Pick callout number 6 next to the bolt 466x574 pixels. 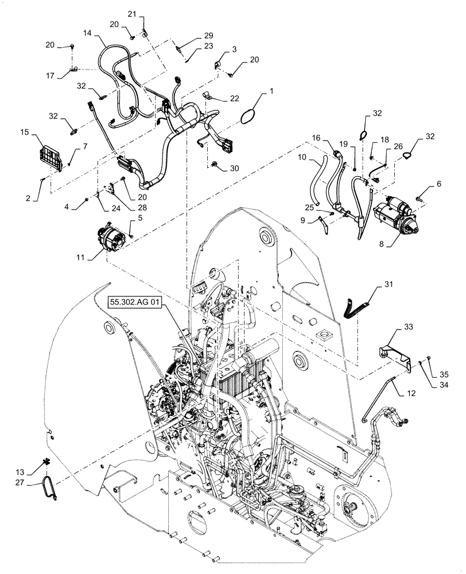pos(439,184)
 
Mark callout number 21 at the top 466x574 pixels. pos(132,13)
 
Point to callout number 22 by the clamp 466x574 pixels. pos(234,98)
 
